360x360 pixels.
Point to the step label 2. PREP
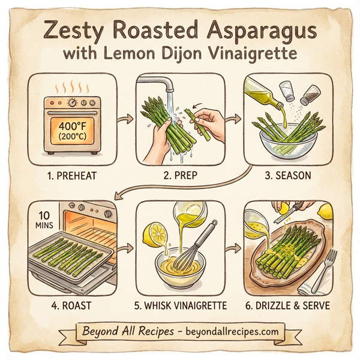click(179, 178)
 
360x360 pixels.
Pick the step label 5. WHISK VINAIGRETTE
click(181, 305)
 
